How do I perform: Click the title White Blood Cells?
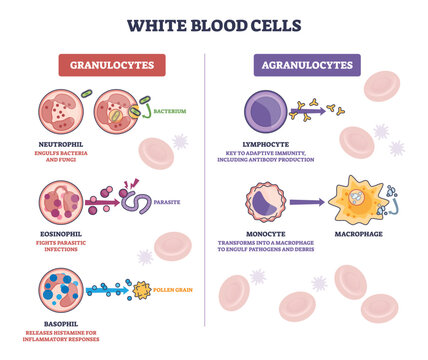point(214,22)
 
